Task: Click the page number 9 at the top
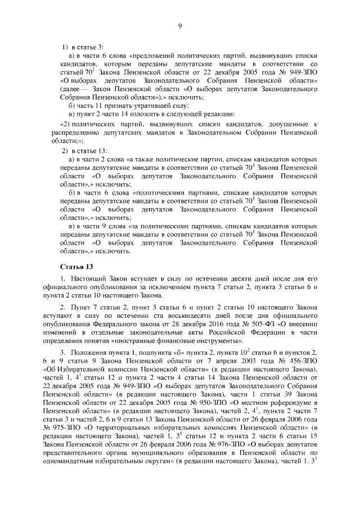coord(180,26)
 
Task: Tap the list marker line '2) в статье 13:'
coord(84,152)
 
